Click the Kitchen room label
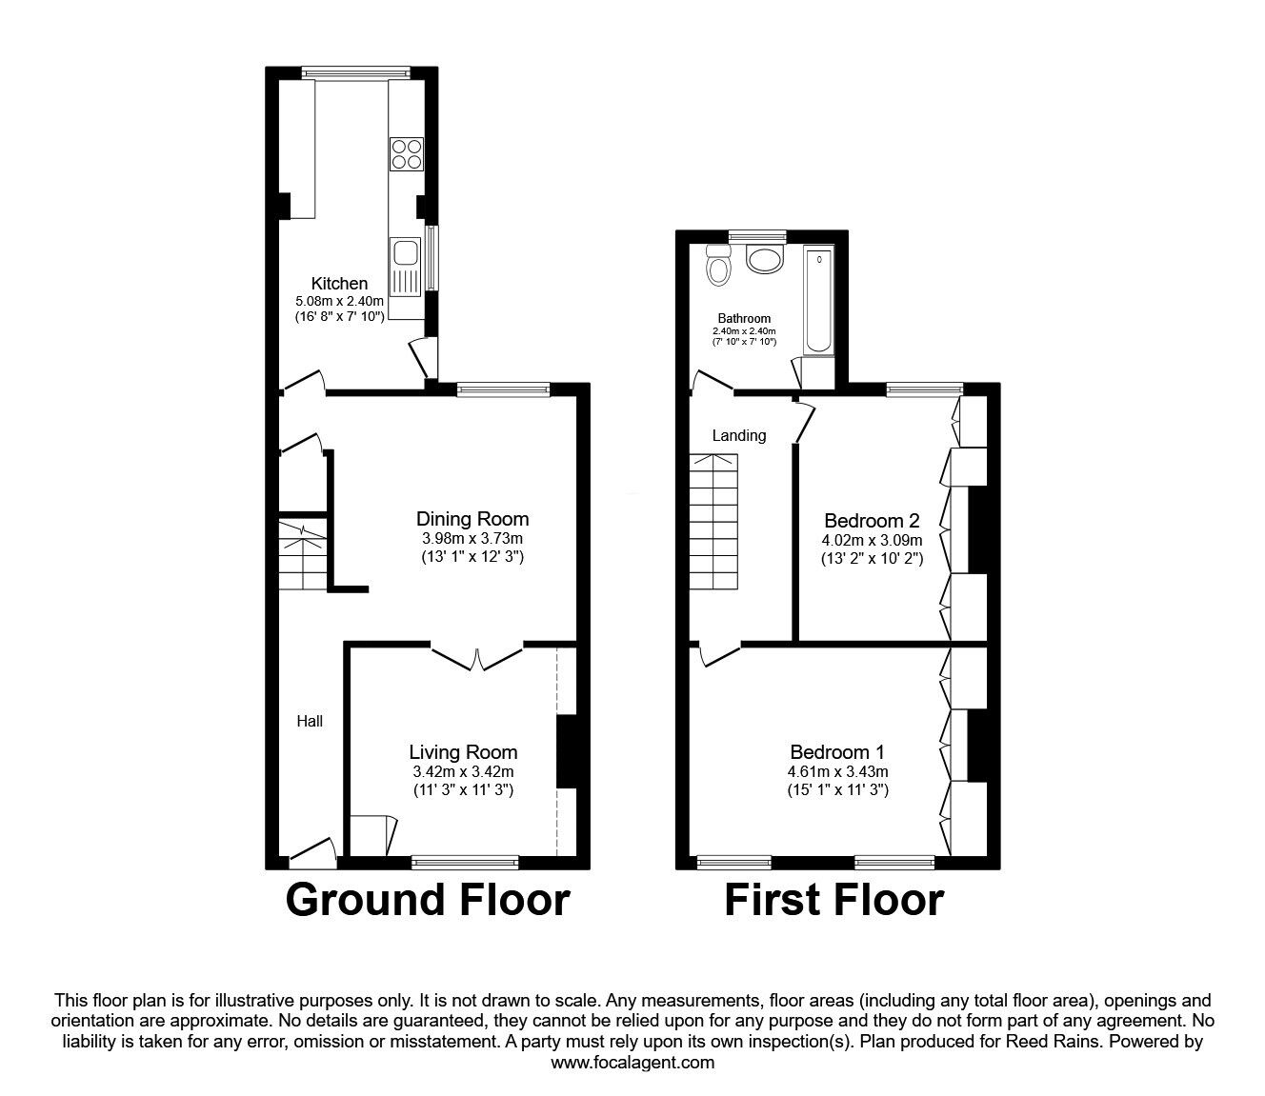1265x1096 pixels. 339,283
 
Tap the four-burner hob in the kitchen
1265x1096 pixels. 405,153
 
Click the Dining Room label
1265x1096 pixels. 472,519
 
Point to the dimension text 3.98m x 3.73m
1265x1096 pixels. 472,539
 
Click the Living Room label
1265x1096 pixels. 463,752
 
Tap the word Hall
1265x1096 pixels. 310,721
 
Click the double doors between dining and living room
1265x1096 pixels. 477,656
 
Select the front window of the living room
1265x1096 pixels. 465,862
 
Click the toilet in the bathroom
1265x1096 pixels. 717,266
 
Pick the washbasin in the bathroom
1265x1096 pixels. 763,258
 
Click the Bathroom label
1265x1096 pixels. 744,318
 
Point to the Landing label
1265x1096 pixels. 739,435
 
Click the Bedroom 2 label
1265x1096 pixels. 872,521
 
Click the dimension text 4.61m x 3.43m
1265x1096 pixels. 838,771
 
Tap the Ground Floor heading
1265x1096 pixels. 428,900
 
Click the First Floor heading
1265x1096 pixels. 833,900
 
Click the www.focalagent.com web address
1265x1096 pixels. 632,1063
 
